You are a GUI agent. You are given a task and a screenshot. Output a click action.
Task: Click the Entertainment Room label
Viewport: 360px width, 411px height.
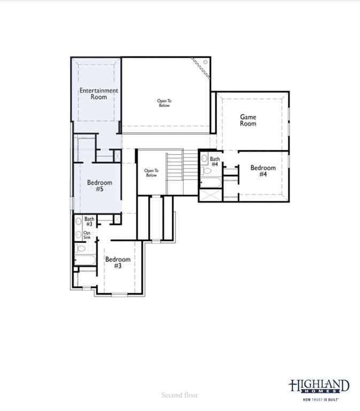click(98, 94)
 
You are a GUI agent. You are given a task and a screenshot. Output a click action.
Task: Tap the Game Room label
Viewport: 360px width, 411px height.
click(248, 120)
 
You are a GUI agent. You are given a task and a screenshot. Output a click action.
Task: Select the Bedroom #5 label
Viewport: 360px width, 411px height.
click(99, 186)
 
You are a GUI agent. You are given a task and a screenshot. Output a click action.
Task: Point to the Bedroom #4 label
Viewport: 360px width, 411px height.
click(263, 171)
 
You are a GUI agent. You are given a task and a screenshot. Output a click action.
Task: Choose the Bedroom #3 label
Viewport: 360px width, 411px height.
click(118, 263)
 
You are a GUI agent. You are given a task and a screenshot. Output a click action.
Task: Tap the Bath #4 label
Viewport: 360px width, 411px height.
click(215, 162)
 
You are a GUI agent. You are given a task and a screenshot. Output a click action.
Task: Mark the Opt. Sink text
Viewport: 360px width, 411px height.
click(87, 235)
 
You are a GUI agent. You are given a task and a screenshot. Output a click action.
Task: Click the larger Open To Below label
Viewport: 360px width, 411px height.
click(164, 103)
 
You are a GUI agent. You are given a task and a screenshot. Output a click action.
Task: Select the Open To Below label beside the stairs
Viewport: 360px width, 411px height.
click(151, 173)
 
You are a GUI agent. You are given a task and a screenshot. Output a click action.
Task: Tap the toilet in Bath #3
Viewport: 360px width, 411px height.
click(80, 248)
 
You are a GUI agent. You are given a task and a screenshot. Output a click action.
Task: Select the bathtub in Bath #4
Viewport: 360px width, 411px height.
click(210, 183)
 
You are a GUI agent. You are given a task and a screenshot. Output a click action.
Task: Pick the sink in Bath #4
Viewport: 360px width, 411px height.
click(204, 158)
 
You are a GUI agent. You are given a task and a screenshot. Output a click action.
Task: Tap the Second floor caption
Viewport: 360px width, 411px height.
click(180, 395)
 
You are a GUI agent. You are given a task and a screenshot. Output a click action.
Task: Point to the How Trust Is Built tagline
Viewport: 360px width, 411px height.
click(320, 399)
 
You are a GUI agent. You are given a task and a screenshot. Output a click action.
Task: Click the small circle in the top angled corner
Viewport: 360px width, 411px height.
click(205, 63)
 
